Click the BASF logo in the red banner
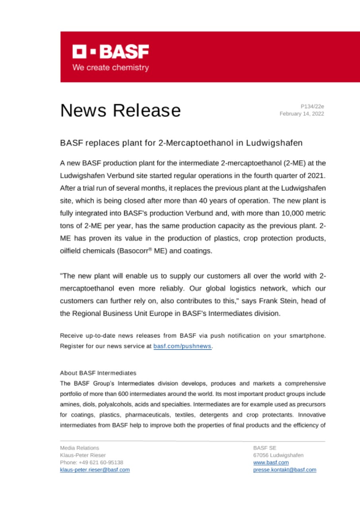(111, 52)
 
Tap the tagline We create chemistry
(111, 68)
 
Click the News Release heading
(120, 110)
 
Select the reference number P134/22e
(312, 106)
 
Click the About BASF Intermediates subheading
(98, 373)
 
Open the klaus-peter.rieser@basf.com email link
(95, 470)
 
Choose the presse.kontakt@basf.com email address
(284, 470)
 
